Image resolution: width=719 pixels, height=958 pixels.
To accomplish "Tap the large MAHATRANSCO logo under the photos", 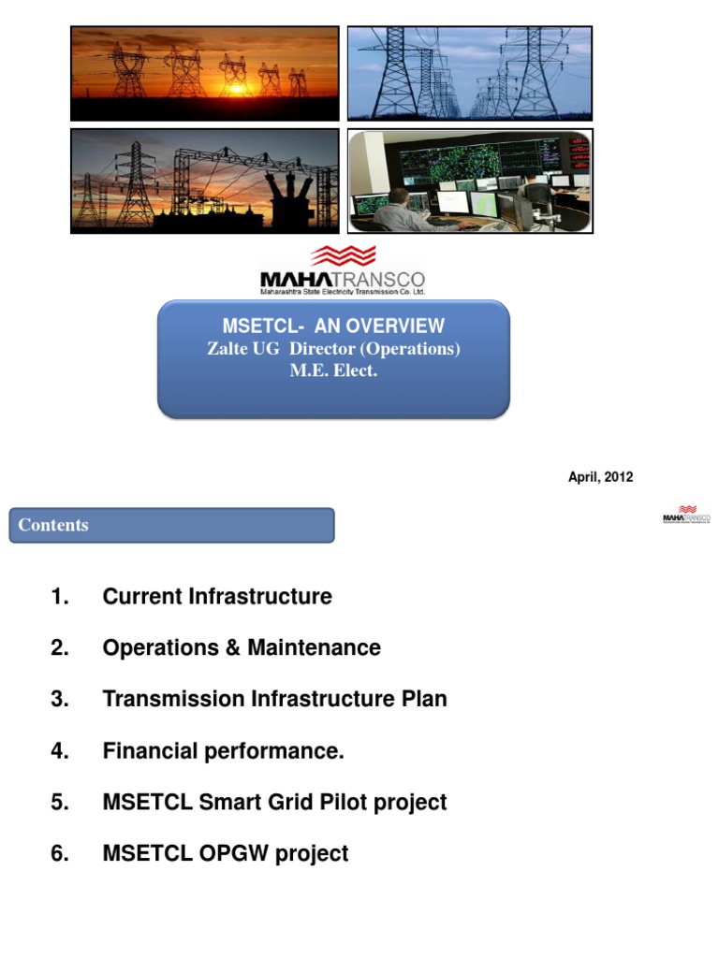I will click(x=342, y=269).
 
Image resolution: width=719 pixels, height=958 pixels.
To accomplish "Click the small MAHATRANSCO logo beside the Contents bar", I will click(x=686, y=516).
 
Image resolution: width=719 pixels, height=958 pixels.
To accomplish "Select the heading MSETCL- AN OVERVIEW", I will click(x=333, y=327).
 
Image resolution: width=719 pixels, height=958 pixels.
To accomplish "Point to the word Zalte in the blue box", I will click(x=227, y=349).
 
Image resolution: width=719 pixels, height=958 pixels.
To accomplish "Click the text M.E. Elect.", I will click(x=333, y=370).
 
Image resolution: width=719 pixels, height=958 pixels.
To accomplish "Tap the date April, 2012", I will click(x=600, y=477).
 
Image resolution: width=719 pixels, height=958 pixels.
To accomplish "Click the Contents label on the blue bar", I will click(x=53, y=526).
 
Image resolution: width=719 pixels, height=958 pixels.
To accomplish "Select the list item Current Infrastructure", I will click(x=217, y=597).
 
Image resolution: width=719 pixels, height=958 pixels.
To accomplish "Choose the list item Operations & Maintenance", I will click(x=242, y=648).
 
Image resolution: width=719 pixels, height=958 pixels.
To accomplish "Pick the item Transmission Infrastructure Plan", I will click(x=274, y=700).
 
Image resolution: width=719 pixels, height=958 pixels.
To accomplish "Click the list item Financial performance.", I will click(x=224, y=751).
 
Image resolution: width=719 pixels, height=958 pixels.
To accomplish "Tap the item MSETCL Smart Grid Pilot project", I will click(x=274, y=803).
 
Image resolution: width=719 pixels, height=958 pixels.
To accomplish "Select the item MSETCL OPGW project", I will click(x=226, y=854).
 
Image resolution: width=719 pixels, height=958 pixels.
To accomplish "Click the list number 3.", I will click(x=60, y=700).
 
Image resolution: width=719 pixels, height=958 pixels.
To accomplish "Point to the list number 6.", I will click(x=60, y=854).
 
